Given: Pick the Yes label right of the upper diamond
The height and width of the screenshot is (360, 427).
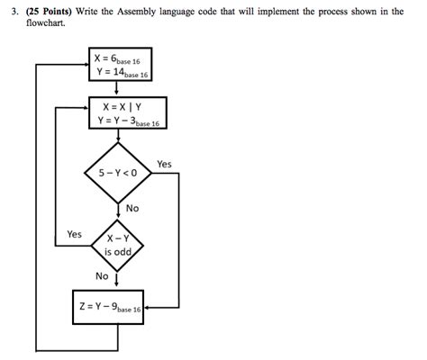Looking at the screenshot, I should [164, 164].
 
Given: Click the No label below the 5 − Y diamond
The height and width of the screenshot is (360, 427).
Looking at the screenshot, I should [132, 209].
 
